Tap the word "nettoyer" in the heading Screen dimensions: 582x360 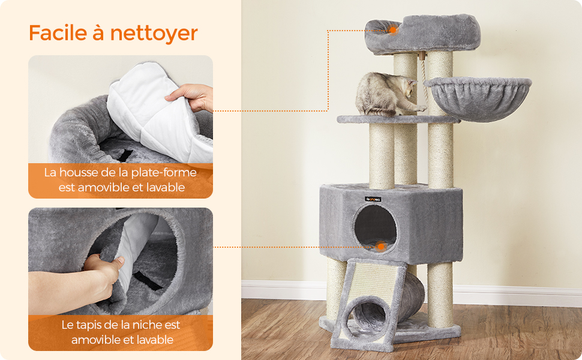154,34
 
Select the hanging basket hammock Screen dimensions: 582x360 478,98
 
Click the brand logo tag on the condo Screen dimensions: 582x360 373,199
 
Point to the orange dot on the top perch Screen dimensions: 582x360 393,29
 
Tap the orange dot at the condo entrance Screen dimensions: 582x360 380,246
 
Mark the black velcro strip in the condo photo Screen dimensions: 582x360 148,280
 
